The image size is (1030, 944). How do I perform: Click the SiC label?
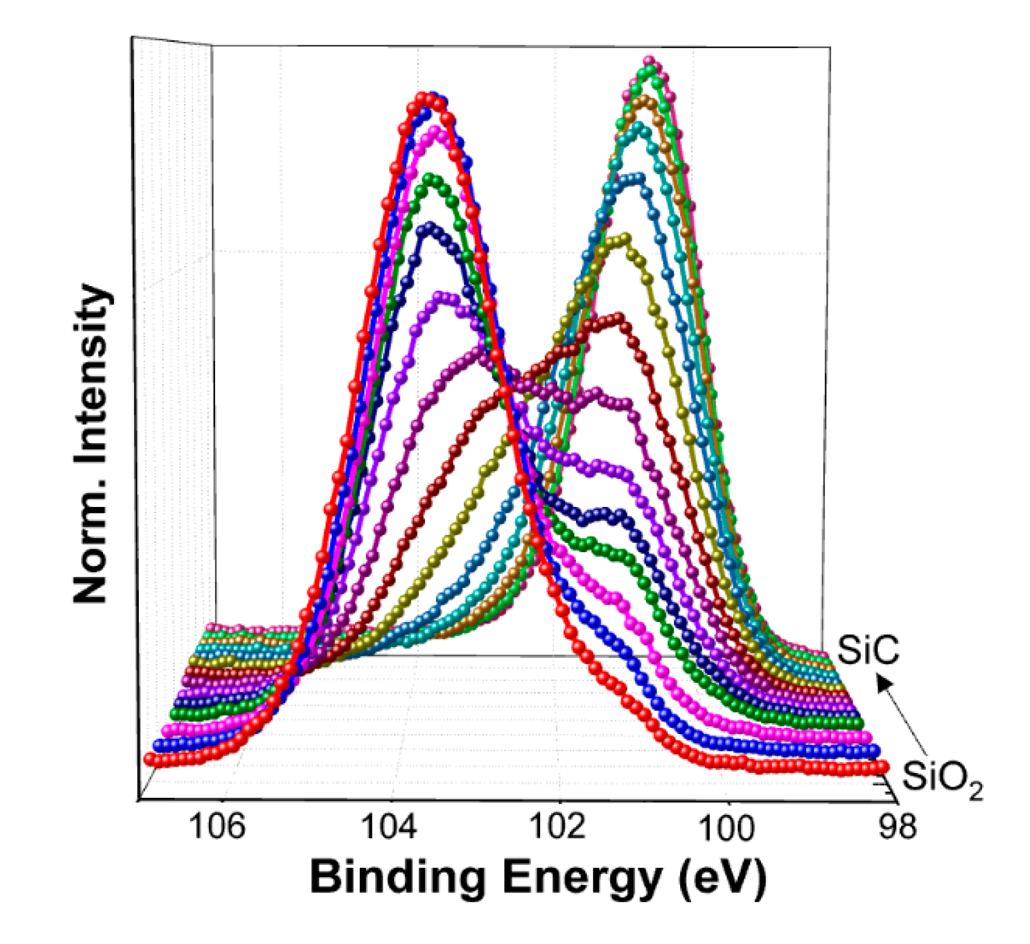868,650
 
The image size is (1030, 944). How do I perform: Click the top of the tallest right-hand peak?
650,61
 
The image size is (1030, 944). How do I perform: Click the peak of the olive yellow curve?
623,238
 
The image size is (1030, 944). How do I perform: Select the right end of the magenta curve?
866,736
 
